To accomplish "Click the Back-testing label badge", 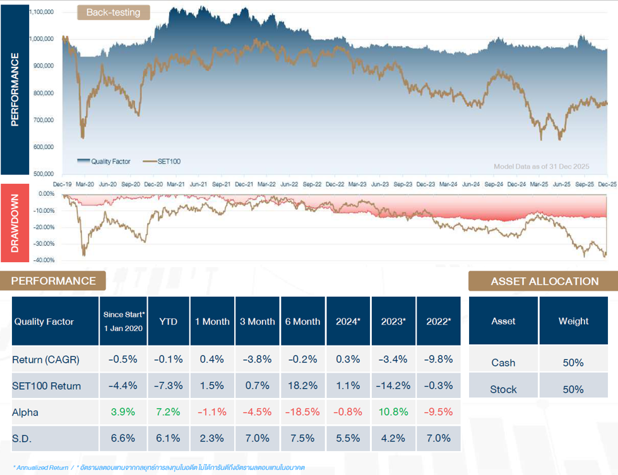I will pyautogui.click(x=114, y=13).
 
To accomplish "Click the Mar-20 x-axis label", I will pyautogui.click(x=85, y=184).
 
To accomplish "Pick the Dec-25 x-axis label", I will pyautogui.click(x=607, y=184).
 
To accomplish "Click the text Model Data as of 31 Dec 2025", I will pyautogui.click(x=541, y=166).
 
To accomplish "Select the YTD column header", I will pyautogui.click(x=168, y=322).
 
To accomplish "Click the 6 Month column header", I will pyautogui.click(x=302, y=322).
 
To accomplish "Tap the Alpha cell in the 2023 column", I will pyautogui.click(x=393, y=412).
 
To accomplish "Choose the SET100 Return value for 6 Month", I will pyautogui.click(x=302, y=386).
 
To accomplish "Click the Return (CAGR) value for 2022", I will pyautogui.click(x=439, y=359).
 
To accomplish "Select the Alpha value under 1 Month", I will pyautogui.click(x=212, y=412).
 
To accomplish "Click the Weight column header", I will pyautogui.click(x=573, y=322).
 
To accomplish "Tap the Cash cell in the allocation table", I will pyautogui.click(x=503, y=363).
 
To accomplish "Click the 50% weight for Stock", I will pyautogui.click(x=573, y=390).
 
